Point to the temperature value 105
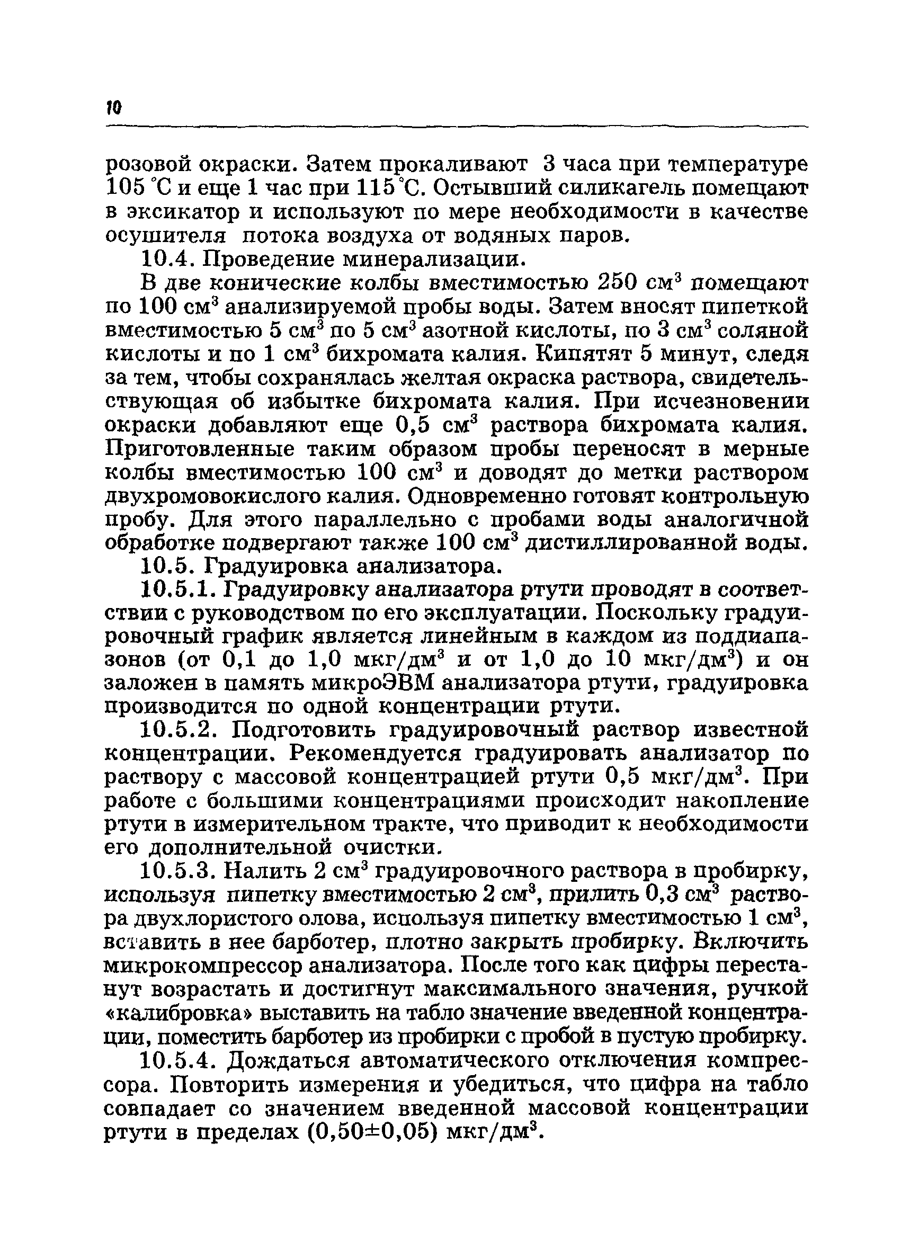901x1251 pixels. (x=123, y=189)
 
